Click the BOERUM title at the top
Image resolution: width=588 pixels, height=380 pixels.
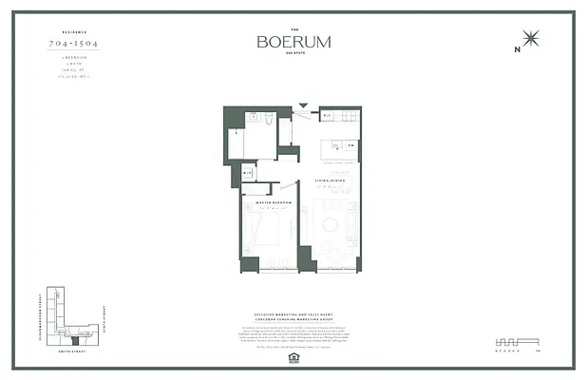tap(294, 43)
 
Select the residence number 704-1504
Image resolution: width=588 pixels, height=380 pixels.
tap(75, 45)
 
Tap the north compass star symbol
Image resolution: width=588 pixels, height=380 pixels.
tap(530, 39)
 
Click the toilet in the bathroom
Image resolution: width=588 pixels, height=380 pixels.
tap(269, 120)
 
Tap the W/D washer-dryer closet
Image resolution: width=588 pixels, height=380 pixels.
tap(248, 172)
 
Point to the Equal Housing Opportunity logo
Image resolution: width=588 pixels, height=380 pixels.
tap(294, 359)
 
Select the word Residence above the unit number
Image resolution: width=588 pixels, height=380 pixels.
tap(75, 31)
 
